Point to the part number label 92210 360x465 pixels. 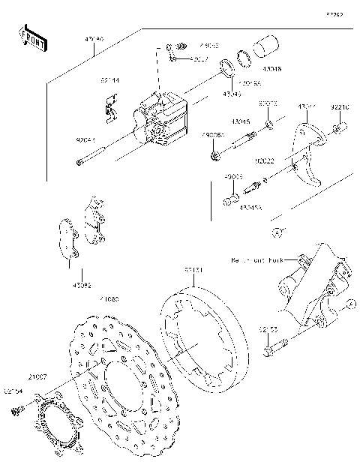point(340,107)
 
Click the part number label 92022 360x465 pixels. point(264,160)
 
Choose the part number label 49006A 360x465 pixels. point(213,136)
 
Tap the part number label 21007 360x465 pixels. point(39,375)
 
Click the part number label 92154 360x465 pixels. point(13,390)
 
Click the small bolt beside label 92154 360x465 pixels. point(16,410)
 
